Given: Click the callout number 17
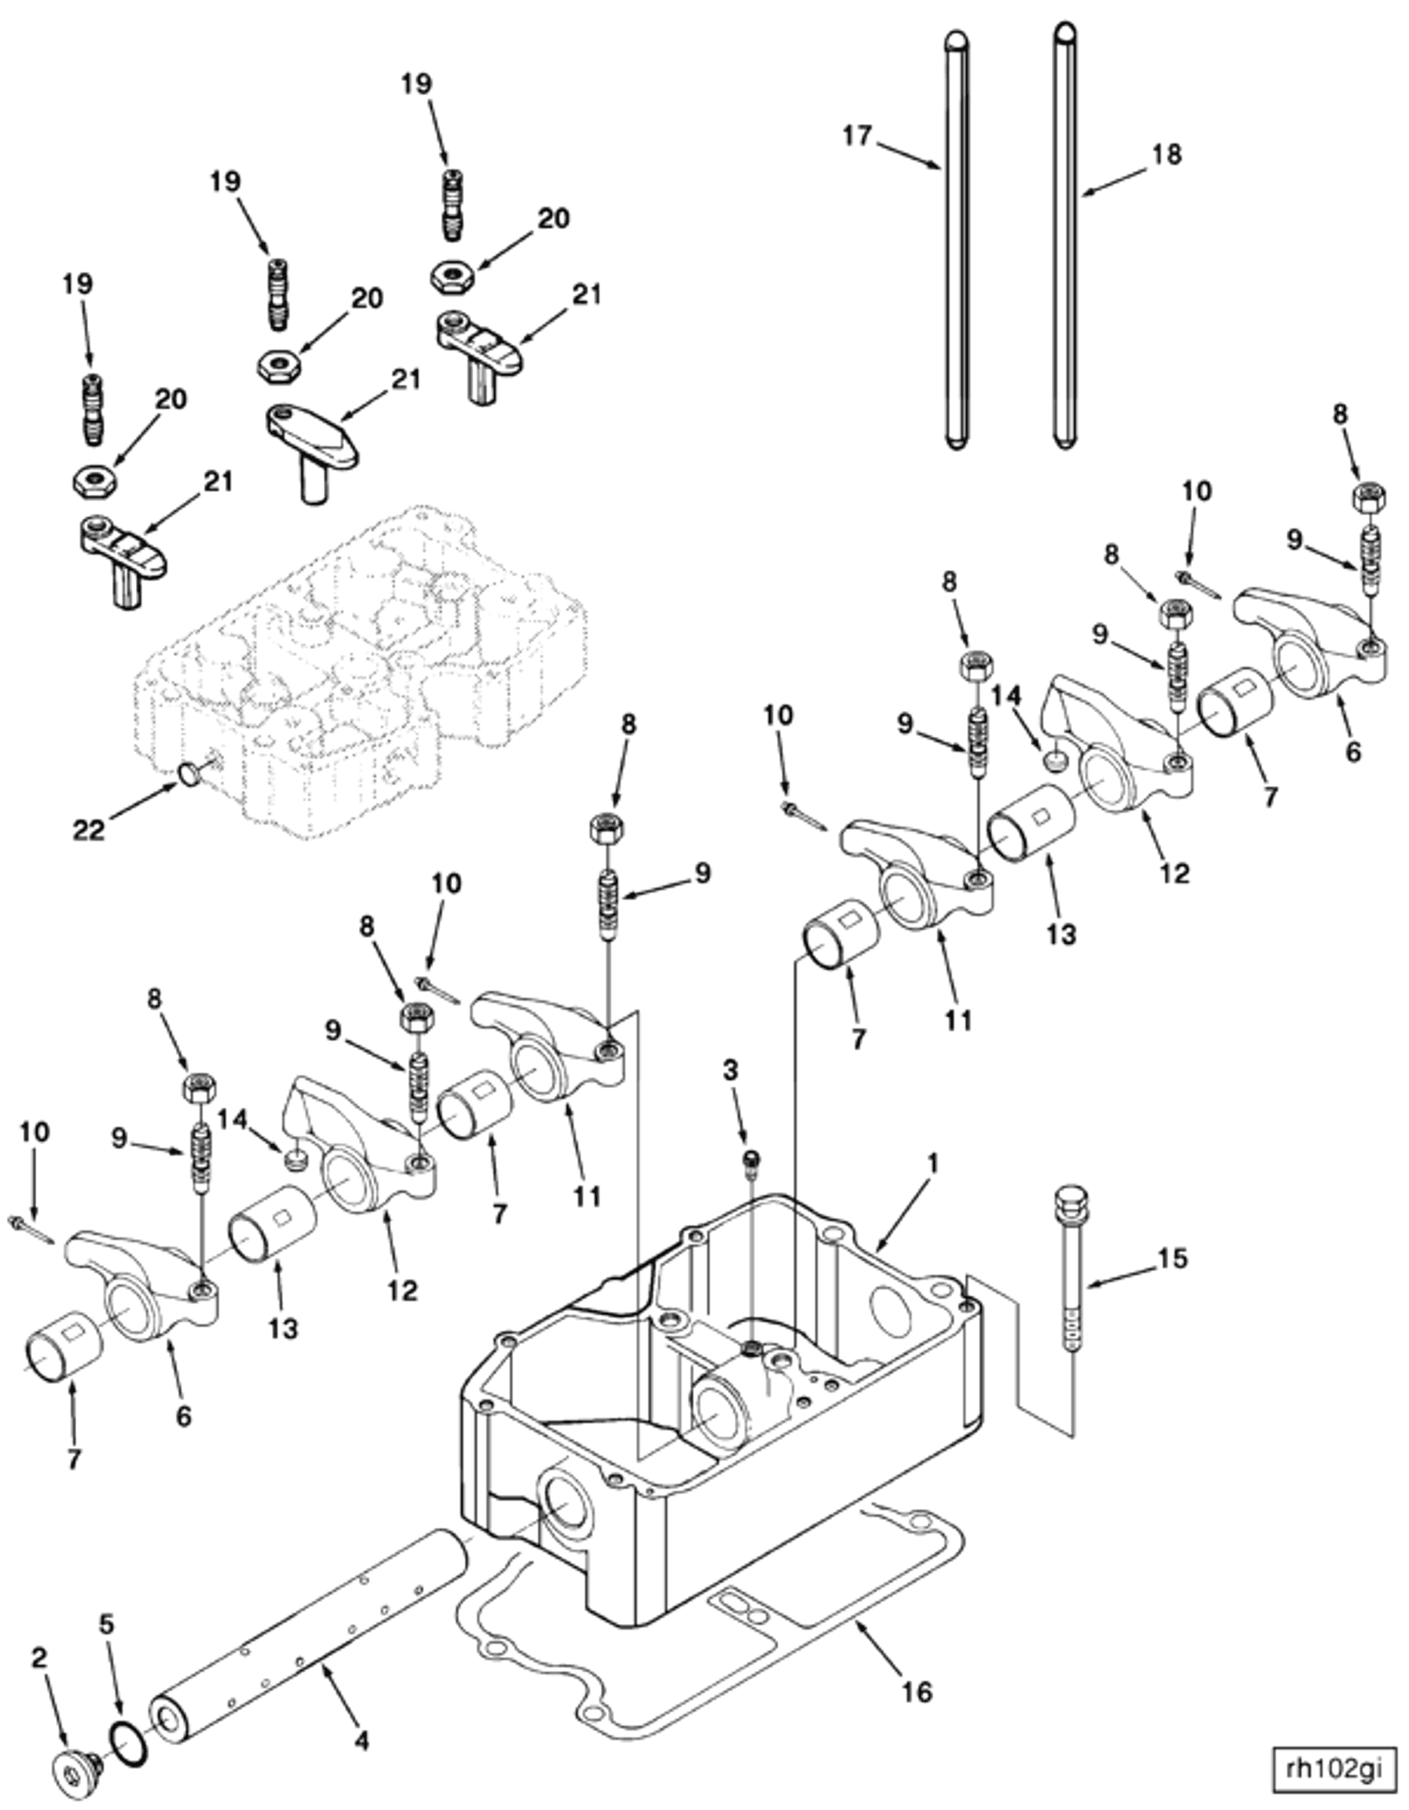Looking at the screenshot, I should (x=857, y=136).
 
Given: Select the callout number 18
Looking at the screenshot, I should (x=1167, y=154).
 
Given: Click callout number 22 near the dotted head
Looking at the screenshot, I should (x=89, y=829).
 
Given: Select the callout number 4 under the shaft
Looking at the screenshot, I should (x=361, y=1741).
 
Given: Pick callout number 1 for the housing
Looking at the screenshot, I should (x=933, y=1164).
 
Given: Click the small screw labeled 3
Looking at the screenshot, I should (x=751, y=1159).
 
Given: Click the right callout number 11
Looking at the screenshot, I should (x=958, y=1020).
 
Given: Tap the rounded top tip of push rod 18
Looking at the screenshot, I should (x=1065, y=32).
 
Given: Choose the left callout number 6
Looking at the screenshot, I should (x=183, y=1416).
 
